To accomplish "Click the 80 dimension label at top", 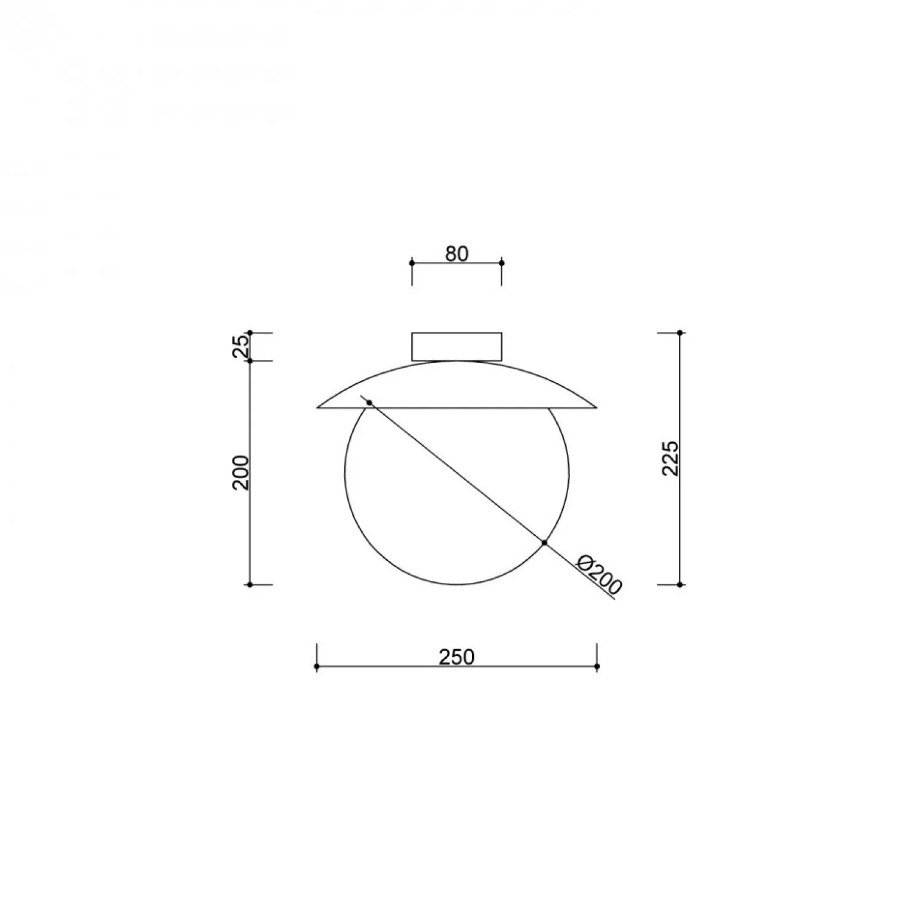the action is click(x=457, y=254).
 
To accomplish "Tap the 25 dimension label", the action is click(x=240, y=346).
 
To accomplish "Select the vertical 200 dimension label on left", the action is click(x=240, y=473).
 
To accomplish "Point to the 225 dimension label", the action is click(x=671, y=458).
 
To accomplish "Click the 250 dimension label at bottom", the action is click(x=457, y=657).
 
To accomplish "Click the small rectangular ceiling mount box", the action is click(x=457, y=347).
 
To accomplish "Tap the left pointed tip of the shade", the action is click(x=317, y=408).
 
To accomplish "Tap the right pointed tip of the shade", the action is click(x=597, y=408).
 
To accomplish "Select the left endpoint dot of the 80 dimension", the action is click(x=412, y=263).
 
